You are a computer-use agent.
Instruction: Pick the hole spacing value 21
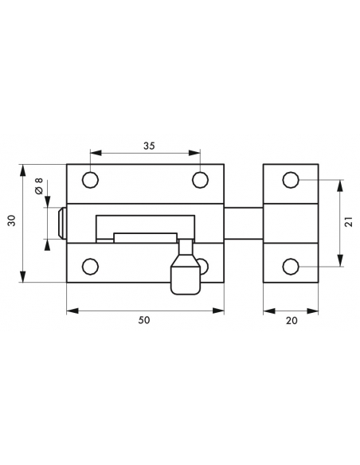point(348,223)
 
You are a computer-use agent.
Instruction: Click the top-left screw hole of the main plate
point(92,179)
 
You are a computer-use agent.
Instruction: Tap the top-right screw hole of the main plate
point(199,179)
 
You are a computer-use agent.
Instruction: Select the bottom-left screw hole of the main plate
point(92,266)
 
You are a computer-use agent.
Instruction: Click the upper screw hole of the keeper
point(291,180)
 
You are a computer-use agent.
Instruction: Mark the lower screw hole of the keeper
point(291,266)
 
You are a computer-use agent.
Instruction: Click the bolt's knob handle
point(186,275)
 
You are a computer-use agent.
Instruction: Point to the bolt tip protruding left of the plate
point(62,223)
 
